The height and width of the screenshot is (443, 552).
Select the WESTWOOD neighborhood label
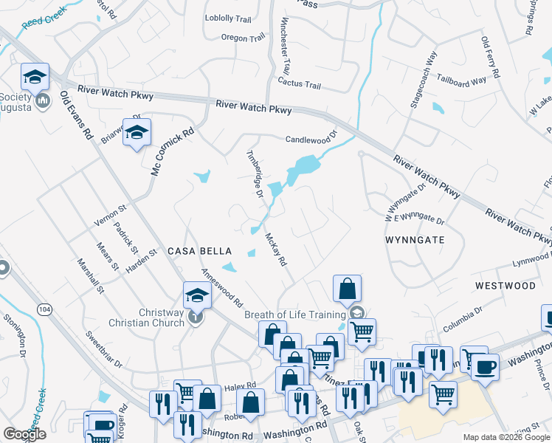coord(505,285)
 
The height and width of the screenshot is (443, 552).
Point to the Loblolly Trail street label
coord(229,18)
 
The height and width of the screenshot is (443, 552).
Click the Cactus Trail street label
coord(299,85)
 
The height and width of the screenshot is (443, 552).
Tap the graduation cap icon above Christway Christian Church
coord(197,295)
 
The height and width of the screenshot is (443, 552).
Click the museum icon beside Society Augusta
coord(42,100)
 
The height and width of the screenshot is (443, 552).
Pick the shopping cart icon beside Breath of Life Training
coord(362,332)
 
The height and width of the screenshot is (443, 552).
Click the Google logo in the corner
coord(24,434)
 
